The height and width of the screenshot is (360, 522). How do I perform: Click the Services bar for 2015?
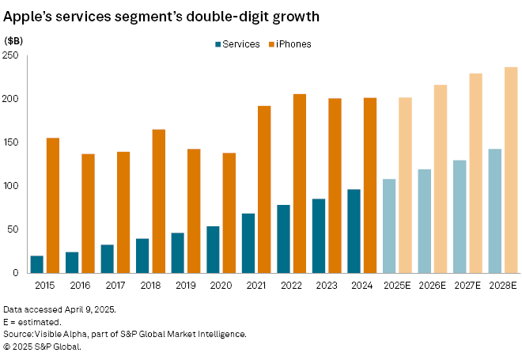(x=36, y=264)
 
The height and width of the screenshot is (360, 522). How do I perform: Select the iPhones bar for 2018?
(x=158, y=201)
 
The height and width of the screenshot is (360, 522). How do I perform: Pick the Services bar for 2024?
(x=354, y=231)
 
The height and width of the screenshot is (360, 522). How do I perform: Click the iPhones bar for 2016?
(x=88, y=214)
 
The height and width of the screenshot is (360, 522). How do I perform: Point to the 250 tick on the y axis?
(x=13, y=55)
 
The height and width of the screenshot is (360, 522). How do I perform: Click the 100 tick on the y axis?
(x=13, y=186)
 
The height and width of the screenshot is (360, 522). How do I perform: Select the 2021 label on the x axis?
(x=255, y=285)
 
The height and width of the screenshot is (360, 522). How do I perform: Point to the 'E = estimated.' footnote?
(x=32, y=323)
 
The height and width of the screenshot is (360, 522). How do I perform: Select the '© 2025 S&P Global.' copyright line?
(x=43, y=346)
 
